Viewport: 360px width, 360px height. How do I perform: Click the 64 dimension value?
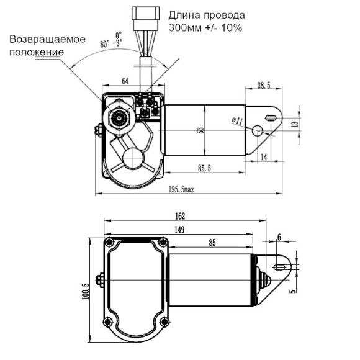pyautogui.click(x=125, y=81)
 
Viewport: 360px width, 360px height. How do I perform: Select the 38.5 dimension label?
pyautogui.click(x=264, y=84)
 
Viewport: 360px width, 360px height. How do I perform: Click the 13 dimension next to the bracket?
pyautogui.click(x=295, y=124)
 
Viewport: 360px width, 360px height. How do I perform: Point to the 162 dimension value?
pyautogui.click(x=180, y=216)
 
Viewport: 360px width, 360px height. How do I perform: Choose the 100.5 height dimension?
pyautogui.click(x=86, y=291)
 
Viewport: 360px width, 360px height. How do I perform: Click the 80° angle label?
pyautogui.click(x=106, y=44)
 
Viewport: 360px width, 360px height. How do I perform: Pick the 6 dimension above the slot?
pyautogui.click(x=279, y=237)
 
